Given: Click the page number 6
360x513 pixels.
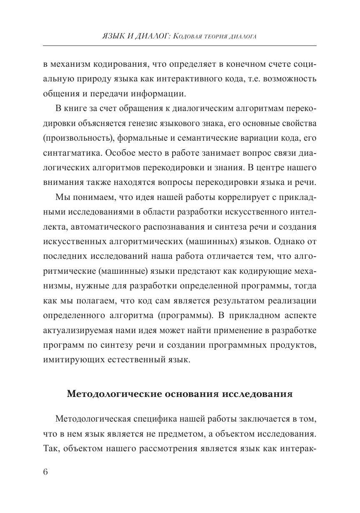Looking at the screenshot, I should coord(46,472).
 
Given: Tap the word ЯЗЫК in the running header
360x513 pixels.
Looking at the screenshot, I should coord(113,37).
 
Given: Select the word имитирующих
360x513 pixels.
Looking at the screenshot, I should coord(67,359).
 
